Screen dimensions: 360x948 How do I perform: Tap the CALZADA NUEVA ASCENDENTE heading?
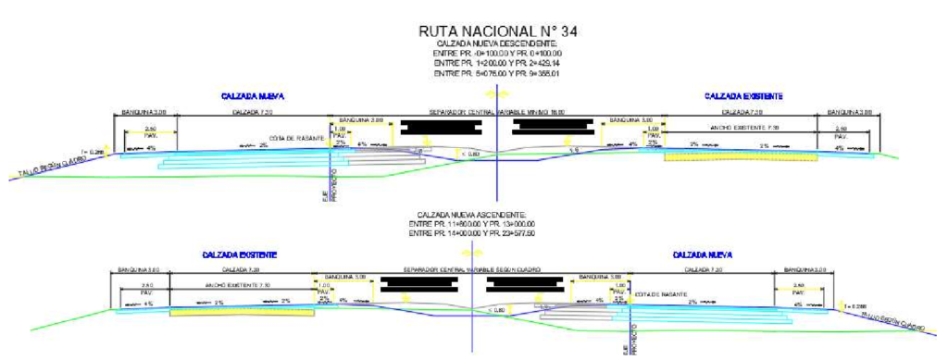pos(472,214)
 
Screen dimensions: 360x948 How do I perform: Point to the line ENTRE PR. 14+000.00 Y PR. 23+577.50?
pos(472,233)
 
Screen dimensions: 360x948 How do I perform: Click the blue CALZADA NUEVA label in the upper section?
pos(252,96)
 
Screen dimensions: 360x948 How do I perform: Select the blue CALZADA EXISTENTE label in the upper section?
pos(743,96)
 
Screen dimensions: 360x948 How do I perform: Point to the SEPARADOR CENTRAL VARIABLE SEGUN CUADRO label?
pos(472,270)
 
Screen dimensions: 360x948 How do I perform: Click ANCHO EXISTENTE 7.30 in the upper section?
pos(744,127)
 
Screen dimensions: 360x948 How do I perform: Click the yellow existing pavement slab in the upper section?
pos(740,156)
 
